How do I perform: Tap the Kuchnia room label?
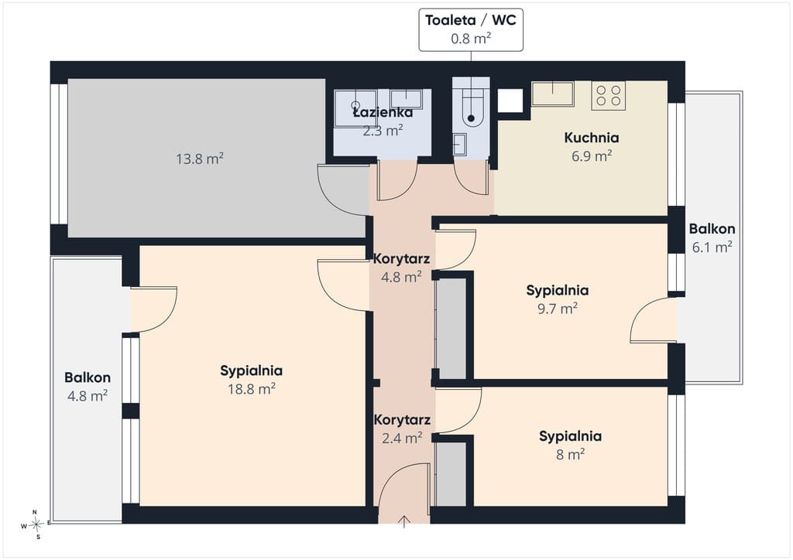pos(591,138)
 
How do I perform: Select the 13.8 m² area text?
pos(200,159)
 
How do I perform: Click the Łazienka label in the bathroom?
pos(383,112)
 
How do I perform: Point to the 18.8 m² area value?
pos(252,389)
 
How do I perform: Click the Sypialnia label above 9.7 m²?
pos(558,290)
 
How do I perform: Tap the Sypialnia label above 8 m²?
pos(571,436)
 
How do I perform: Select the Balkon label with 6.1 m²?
pos(712,229)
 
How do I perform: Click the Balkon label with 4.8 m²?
pos(88,377)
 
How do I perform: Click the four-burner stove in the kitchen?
pos(609,95)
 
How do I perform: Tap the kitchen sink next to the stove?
pos(553,94)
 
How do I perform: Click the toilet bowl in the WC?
pos(471,108)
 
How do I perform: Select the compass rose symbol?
pos(36,525)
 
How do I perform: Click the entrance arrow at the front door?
pos(403,521)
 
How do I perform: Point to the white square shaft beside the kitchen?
pos(510,101)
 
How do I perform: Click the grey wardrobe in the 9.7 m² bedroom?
pos(451,328)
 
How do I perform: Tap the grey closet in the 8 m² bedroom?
pos(451,473)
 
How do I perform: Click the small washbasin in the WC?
pos(459,145)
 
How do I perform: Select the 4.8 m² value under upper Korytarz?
pos(402,277)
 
